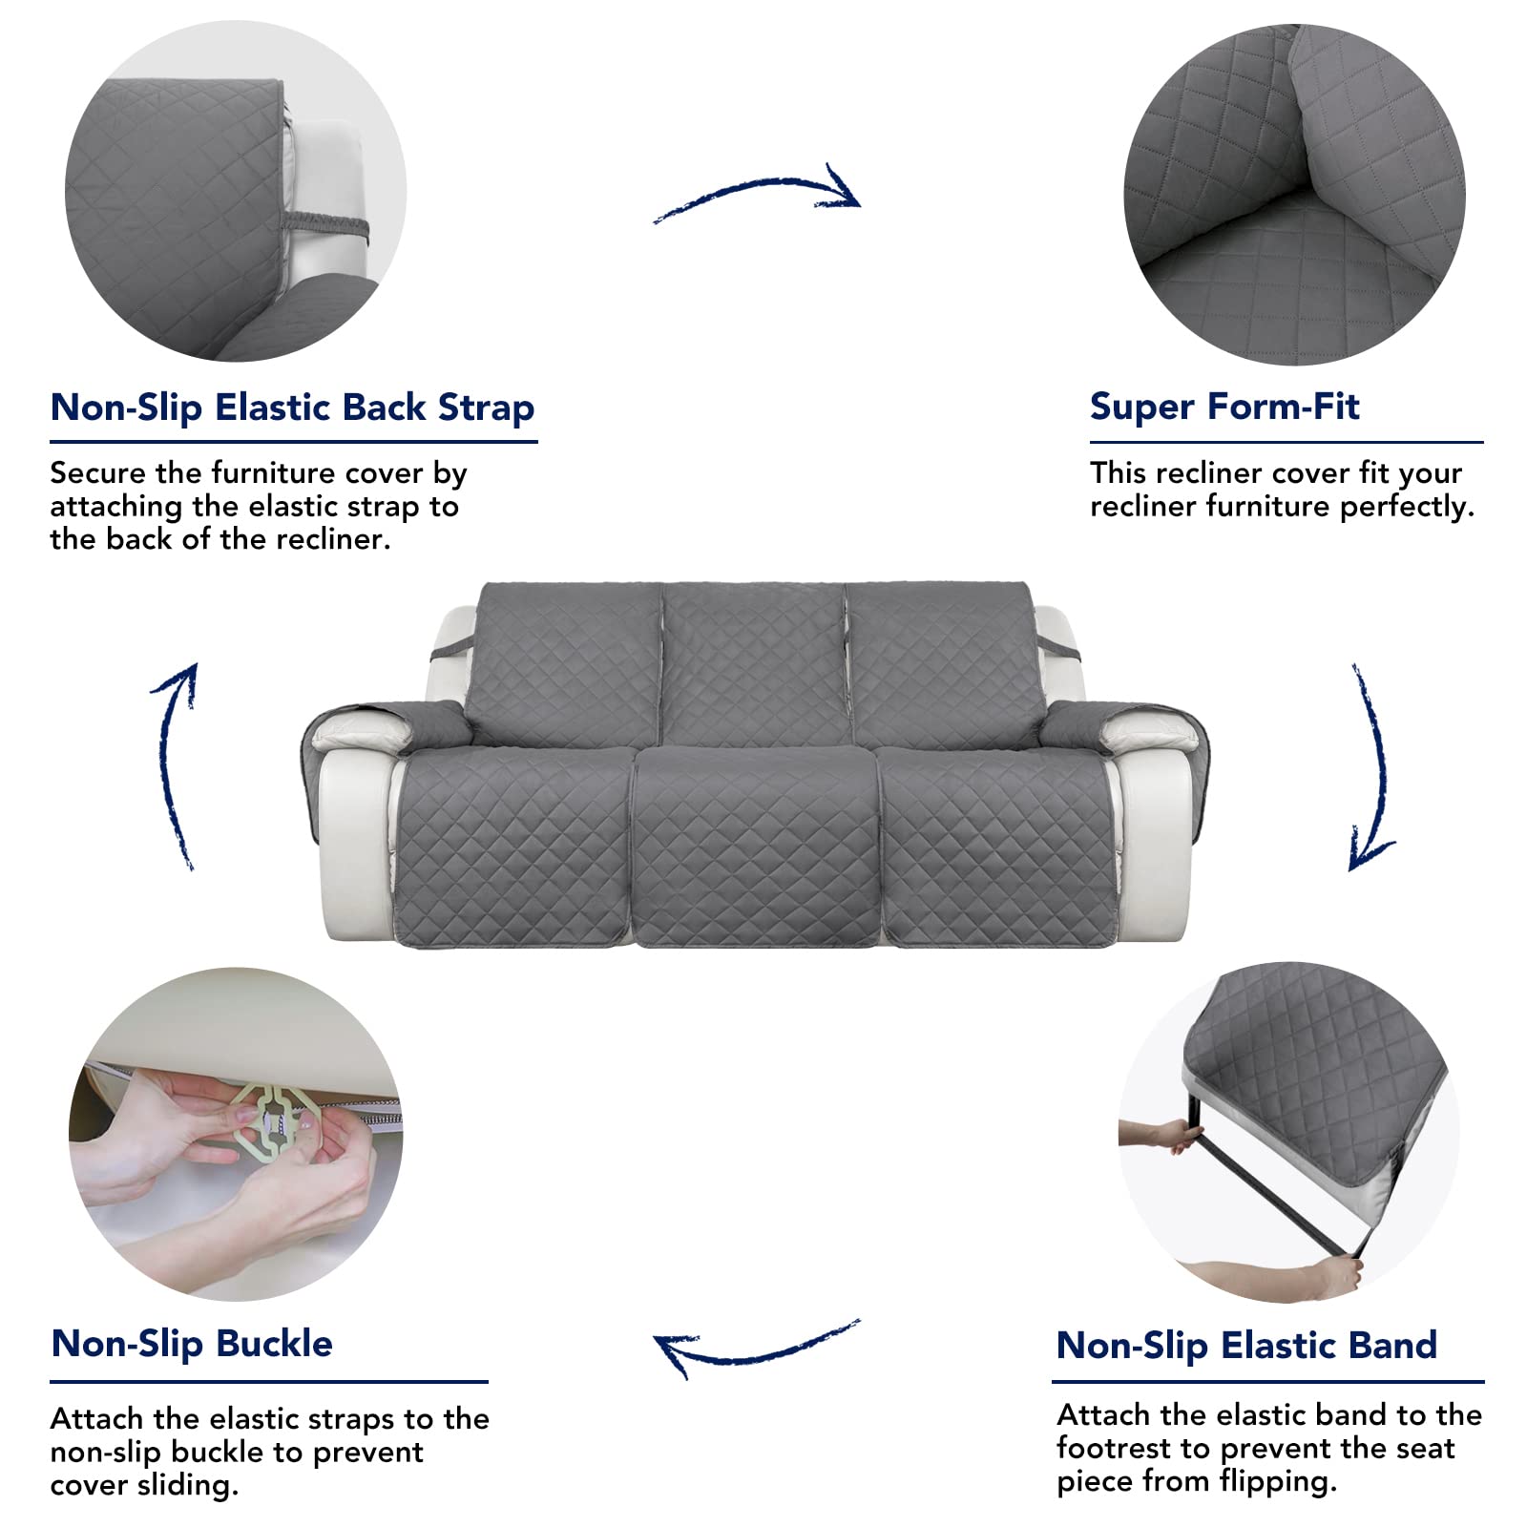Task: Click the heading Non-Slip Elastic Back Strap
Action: [292, 408]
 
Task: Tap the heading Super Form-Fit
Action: [1224, 407]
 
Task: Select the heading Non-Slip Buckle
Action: [192, 1344]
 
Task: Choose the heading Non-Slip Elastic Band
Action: [1246, 1346]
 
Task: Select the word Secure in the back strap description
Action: [98, 473]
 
